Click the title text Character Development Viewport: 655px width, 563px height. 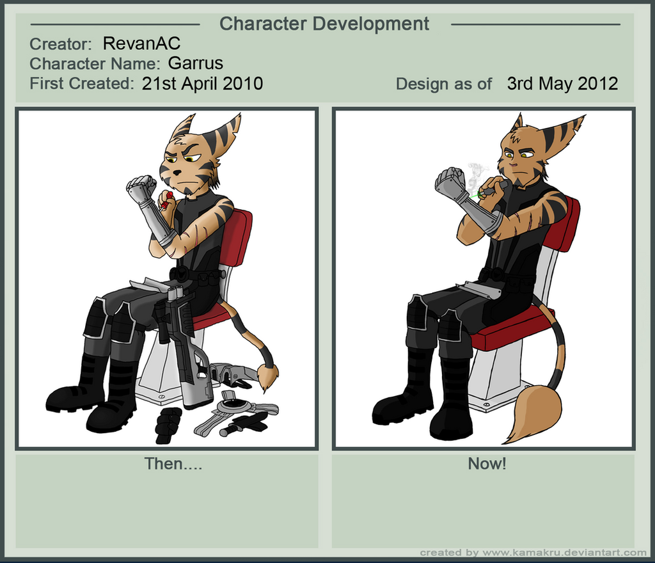(x=324, y=24)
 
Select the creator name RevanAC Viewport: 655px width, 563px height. (x=141, y=44)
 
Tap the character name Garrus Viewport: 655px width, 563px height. (x=196, y=63)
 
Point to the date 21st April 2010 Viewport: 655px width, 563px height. (x=202, y=84)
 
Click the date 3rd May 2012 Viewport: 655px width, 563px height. (x=562, y=84)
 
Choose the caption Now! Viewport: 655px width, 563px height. (x=487, y=464)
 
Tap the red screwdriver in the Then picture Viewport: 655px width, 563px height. (x=167, y=200)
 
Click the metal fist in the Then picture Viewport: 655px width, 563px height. (x=141, y=186)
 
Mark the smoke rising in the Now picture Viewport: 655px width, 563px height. (x=473, y=175)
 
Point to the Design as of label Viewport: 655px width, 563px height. (x=444, y=84)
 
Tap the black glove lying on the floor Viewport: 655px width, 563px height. (x=168, y=425)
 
